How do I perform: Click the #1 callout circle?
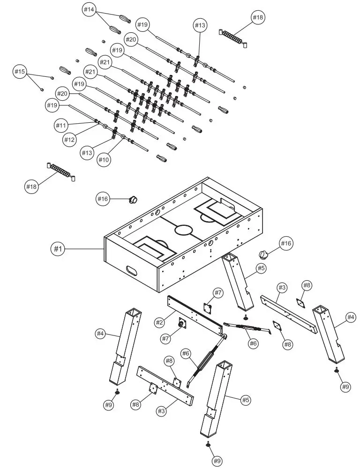coord(57,249)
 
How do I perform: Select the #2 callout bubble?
coord(160,322)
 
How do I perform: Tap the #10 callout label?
coord(104,160)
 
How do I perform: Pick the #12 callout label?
coord(70,139)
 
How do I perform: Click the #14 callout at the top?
coord(89,10)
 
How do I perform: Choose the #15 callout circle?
coord(19,72)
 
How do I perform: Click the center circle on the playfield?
coord(184,230)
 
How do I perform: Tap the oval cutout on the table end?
coord(133,271)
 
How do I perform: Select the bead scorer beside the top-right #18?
coord(233,37)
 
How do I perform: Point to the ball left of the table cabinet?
coord(133,200)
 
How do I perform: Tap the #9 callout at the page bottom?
coord(217,461)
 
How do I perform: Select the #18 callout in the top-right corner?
coord(258,18)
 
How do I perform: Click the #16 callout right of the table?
coord(286,243)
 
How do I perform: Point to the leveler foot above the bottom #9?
coord(208,444)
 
